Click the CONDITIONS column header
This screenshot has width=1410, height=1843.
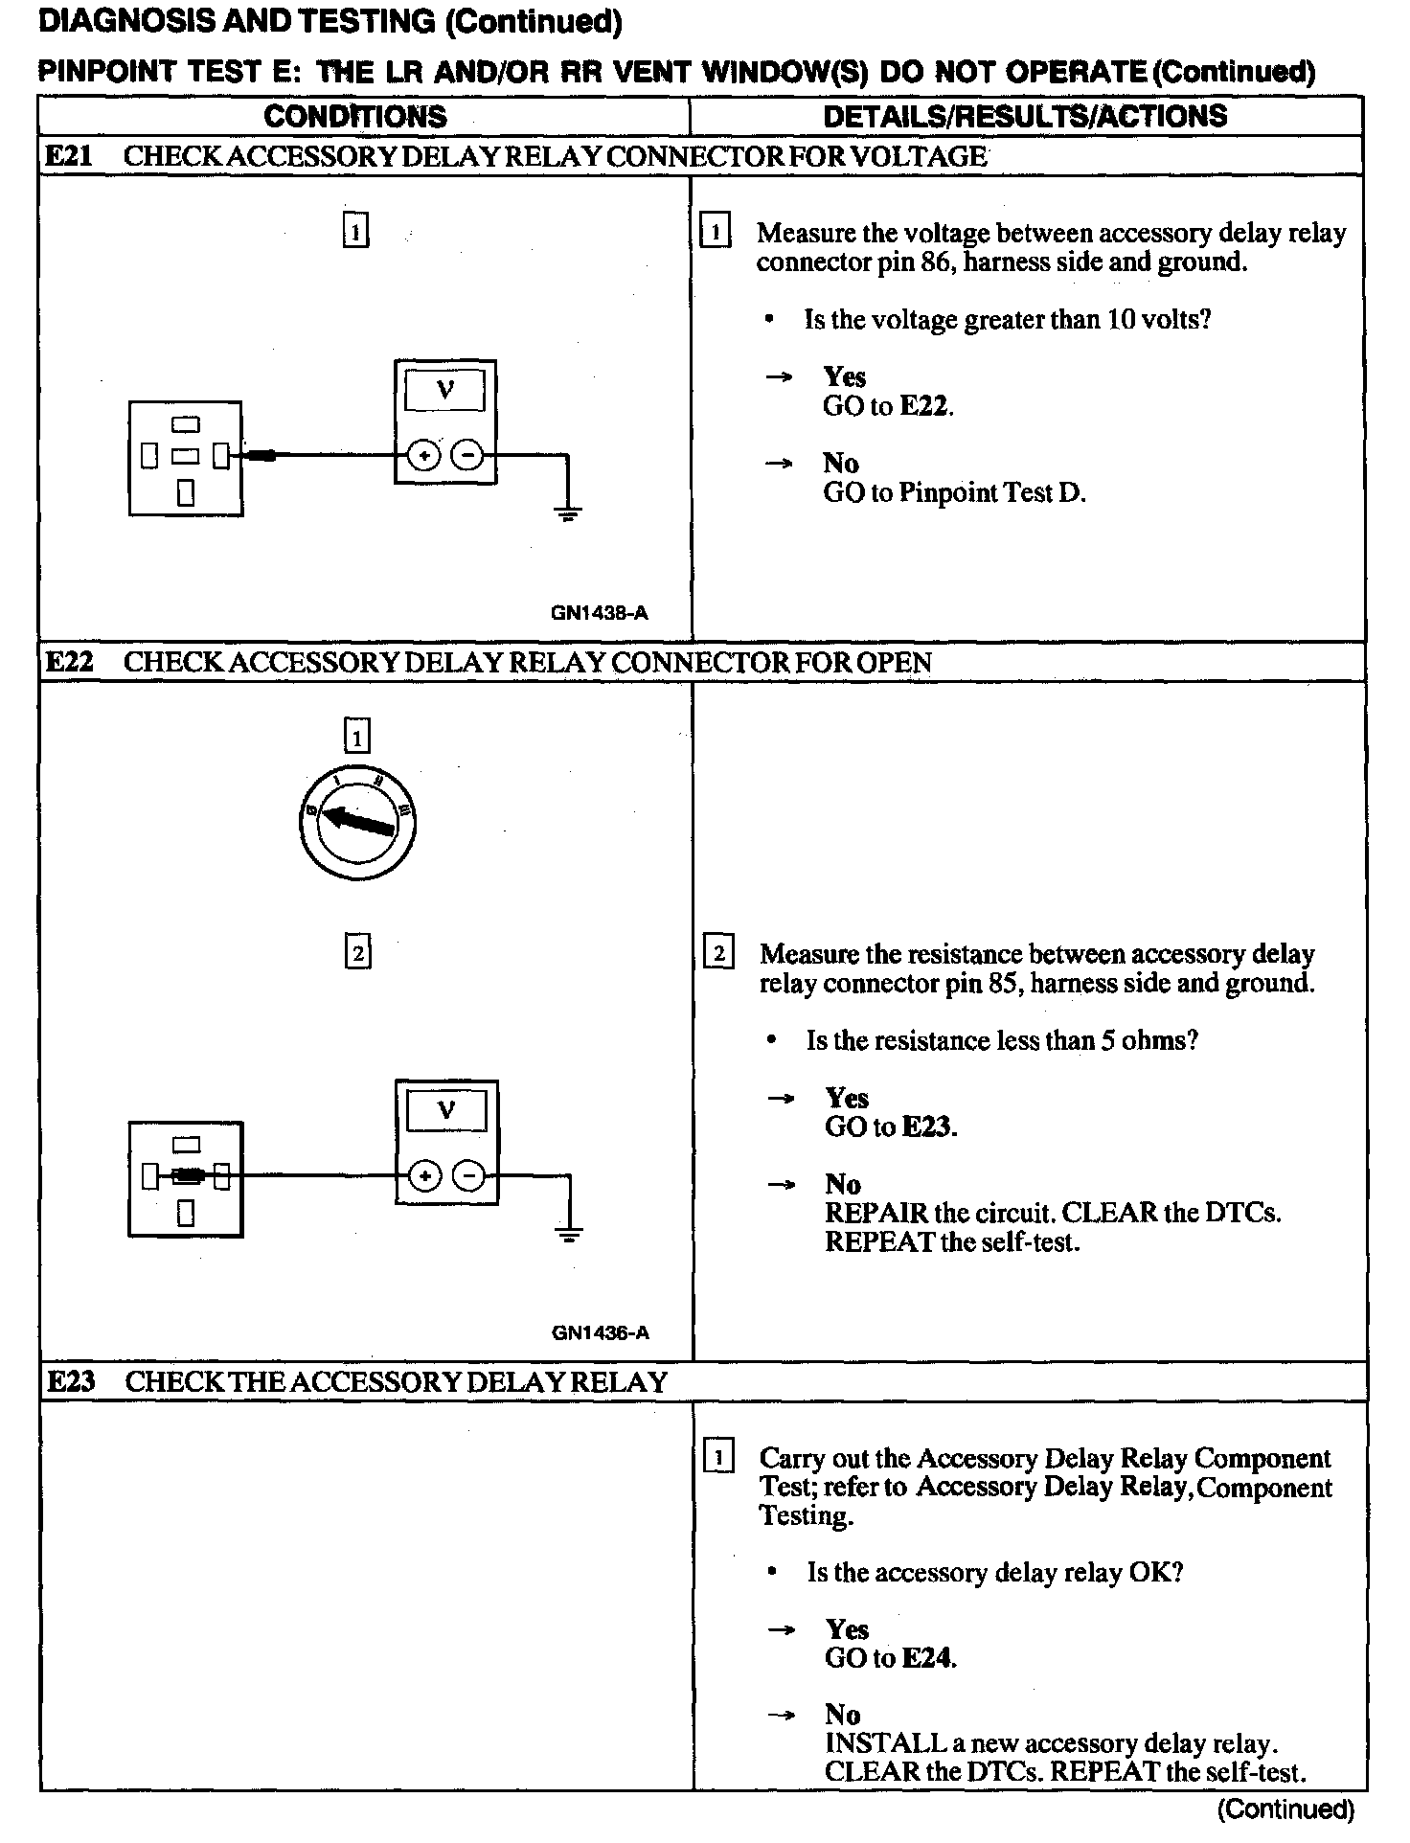[354, 117]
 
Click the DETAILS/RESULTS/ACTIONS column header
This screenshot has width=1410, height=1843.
[1025, 116]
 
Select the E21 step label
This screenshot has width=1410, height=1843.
[69, 156]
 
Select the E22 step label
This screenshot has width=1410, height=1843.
[69, 662]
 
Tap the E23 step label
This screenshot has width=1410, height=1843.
[71, 1381]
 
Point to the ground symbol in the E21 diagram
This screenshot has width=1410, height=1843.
[568, 514]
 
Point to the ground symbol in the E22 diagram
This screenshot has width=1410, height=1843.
[569, 1235]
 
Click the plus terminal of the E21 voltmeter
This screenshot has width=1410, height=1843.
[422, 456]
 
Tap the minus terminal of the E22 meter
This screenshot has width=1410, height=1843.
[469, 1176]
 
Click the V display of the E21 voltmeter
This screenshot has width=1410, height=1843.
[444, 390]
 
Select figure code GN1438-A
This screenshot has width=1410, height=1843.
[600, 613]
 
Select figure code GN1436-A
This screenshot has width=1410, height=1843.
[601, 1332]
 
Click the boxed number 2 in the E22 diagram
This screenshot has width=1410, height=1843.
[357, 952]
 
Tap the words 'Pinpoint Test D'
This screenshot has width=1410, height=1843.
[991, 492]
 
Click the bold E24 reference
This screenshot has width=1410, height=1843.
[928, 1658]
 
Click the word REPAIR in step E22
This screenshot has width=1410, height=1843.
[876, 1213]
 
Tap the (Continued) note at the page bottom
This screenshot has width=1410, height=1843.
[1285, 1809]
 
